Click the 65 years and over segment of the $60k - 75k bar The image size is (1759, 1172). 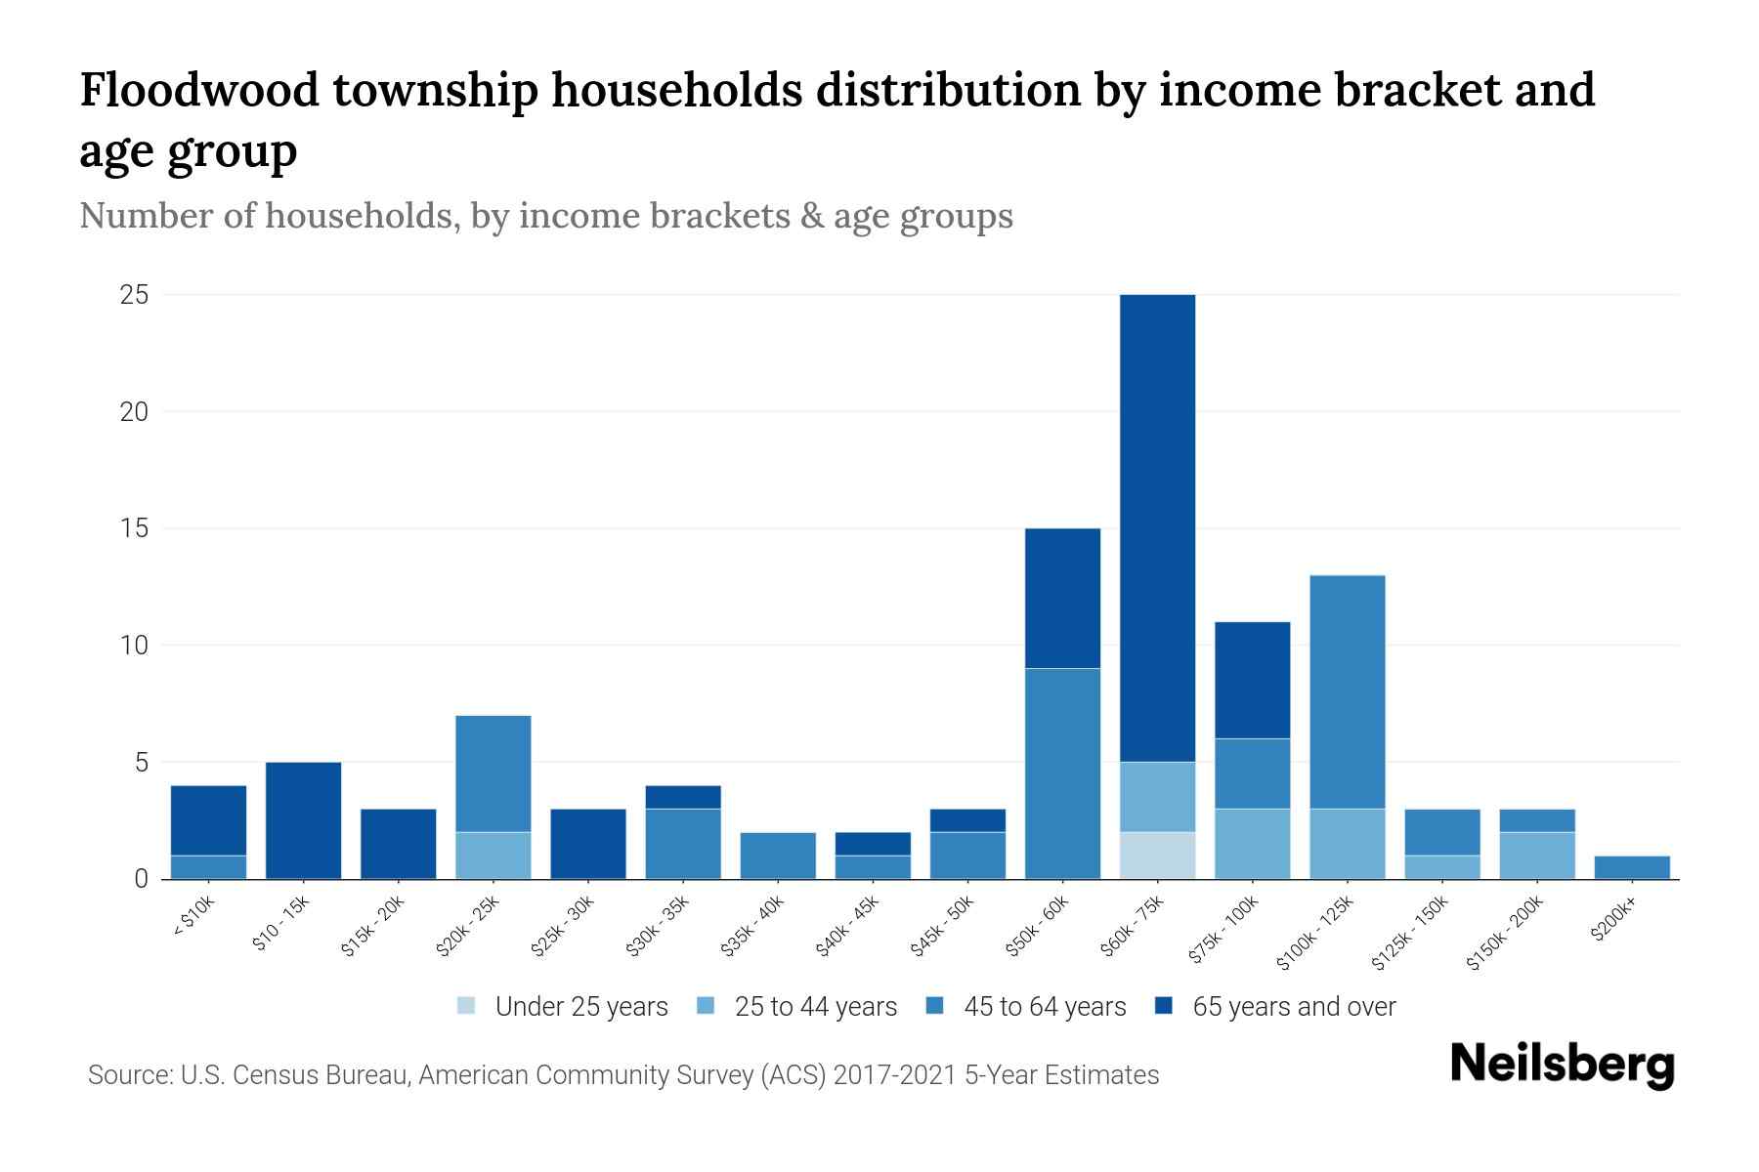pos(1158,527)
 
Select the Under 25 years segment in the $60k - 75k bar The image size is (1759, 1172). pos(1158,856)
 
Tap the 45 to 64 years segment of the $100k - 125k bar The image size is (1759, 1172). pos(1348,691)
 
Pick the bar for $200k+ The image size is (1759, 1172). pos(1632,867)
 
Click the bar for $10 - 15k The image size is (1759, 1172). pos(304,820)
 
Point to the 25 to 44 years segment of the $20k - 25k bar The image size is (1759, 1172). pos(493,856)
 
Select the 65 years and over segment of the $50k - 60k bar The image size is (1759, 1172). pos(1063,598)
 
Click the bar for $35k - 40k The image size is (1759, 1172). pos(778,856)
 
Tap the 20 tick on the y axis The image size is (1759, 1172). pos(135,411)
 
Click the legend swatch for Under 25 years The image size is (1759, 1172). pos(467,1006)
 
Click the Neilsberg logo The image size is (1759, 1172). pos(1562,1065)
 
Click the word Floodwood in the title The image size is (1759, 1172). pos(199,90)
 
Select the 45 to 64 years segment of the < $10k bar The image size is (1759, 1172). pos(208,867)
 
